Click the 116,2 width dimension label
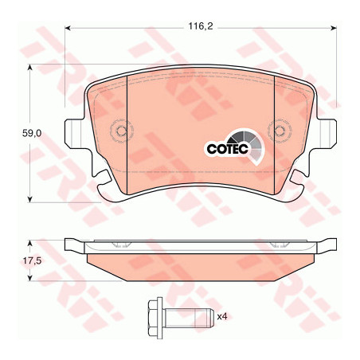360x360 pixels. (201, 26)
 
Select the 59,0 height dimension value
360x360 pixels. (32, 134)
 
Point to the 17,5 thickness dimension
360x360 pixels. (32, 260)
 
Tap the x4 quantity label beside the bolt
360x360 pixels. (222, 316)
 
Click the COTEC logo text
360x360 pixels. (227, 149)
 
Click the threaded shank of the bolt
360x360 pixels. (188, 318)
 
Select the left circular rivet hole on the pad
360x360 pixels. (122, 131)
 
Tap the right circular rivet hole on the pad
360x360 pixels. (280, 131)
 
